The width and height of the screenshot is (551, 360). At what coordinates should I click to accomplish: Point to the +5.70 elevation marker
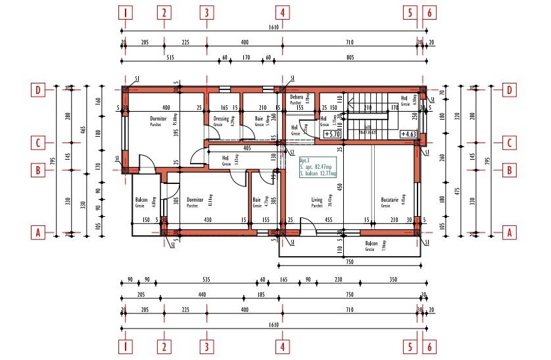(x=332, y=133)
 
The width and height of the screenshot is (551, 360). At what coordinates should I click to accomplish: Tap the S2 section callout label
(x=291, y=152)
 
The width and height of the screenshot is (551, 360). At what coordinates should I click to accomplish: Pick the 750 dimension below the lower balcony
(x=350, y=263)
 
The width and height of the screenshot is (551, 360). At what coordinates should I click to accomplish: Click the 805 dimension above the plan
(x=350, y=58)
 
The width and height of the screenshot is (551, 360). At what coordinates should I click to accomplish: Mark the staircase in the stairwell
(x=368, y=118)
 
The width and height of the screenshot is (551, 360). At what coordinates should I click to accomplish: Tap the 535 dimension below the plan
(x=206, y=281)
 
